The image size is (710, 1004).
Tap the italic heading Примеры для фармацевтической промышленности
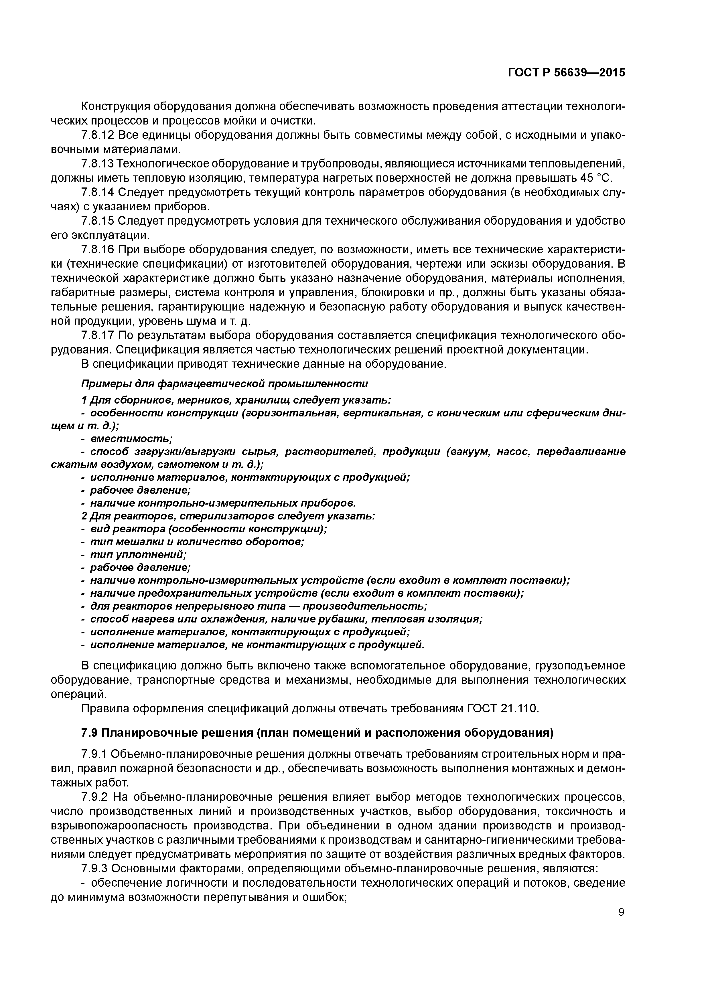tap(224, 384)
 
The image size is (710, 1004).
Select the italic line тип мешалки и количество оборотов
tap(196, 541)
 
